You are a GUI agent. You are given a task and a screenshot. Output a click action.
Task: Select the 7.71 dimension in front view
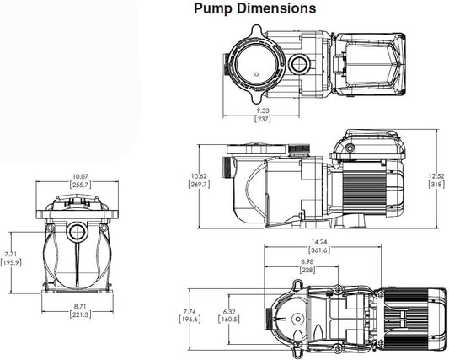point(11,253)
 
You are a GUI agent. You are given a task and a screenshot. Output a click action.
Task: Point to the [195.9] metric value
point(11,262)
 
